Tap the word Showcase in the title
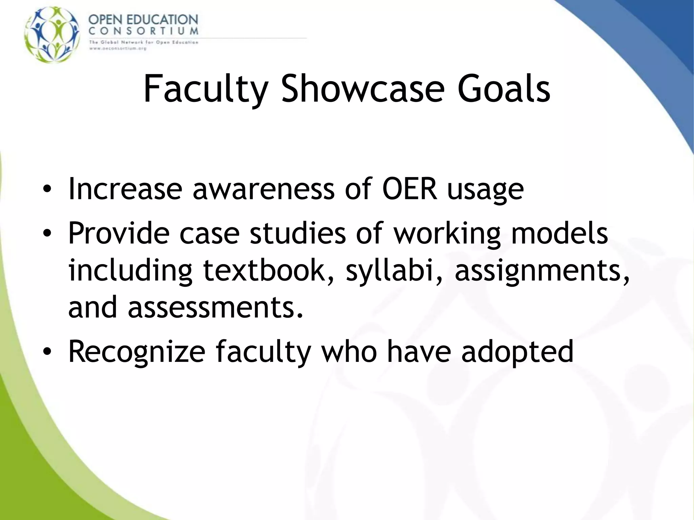tap(363, 89)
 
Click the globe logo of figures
tap(52, 34)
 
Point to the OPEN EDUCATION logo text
tap(143, 20)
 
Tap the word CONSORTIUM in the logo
tap(143, 31)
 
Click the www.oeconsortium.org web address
tap(117, 48)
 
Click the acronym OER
tap(409, 189)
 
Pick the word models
tap(559, 233)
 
